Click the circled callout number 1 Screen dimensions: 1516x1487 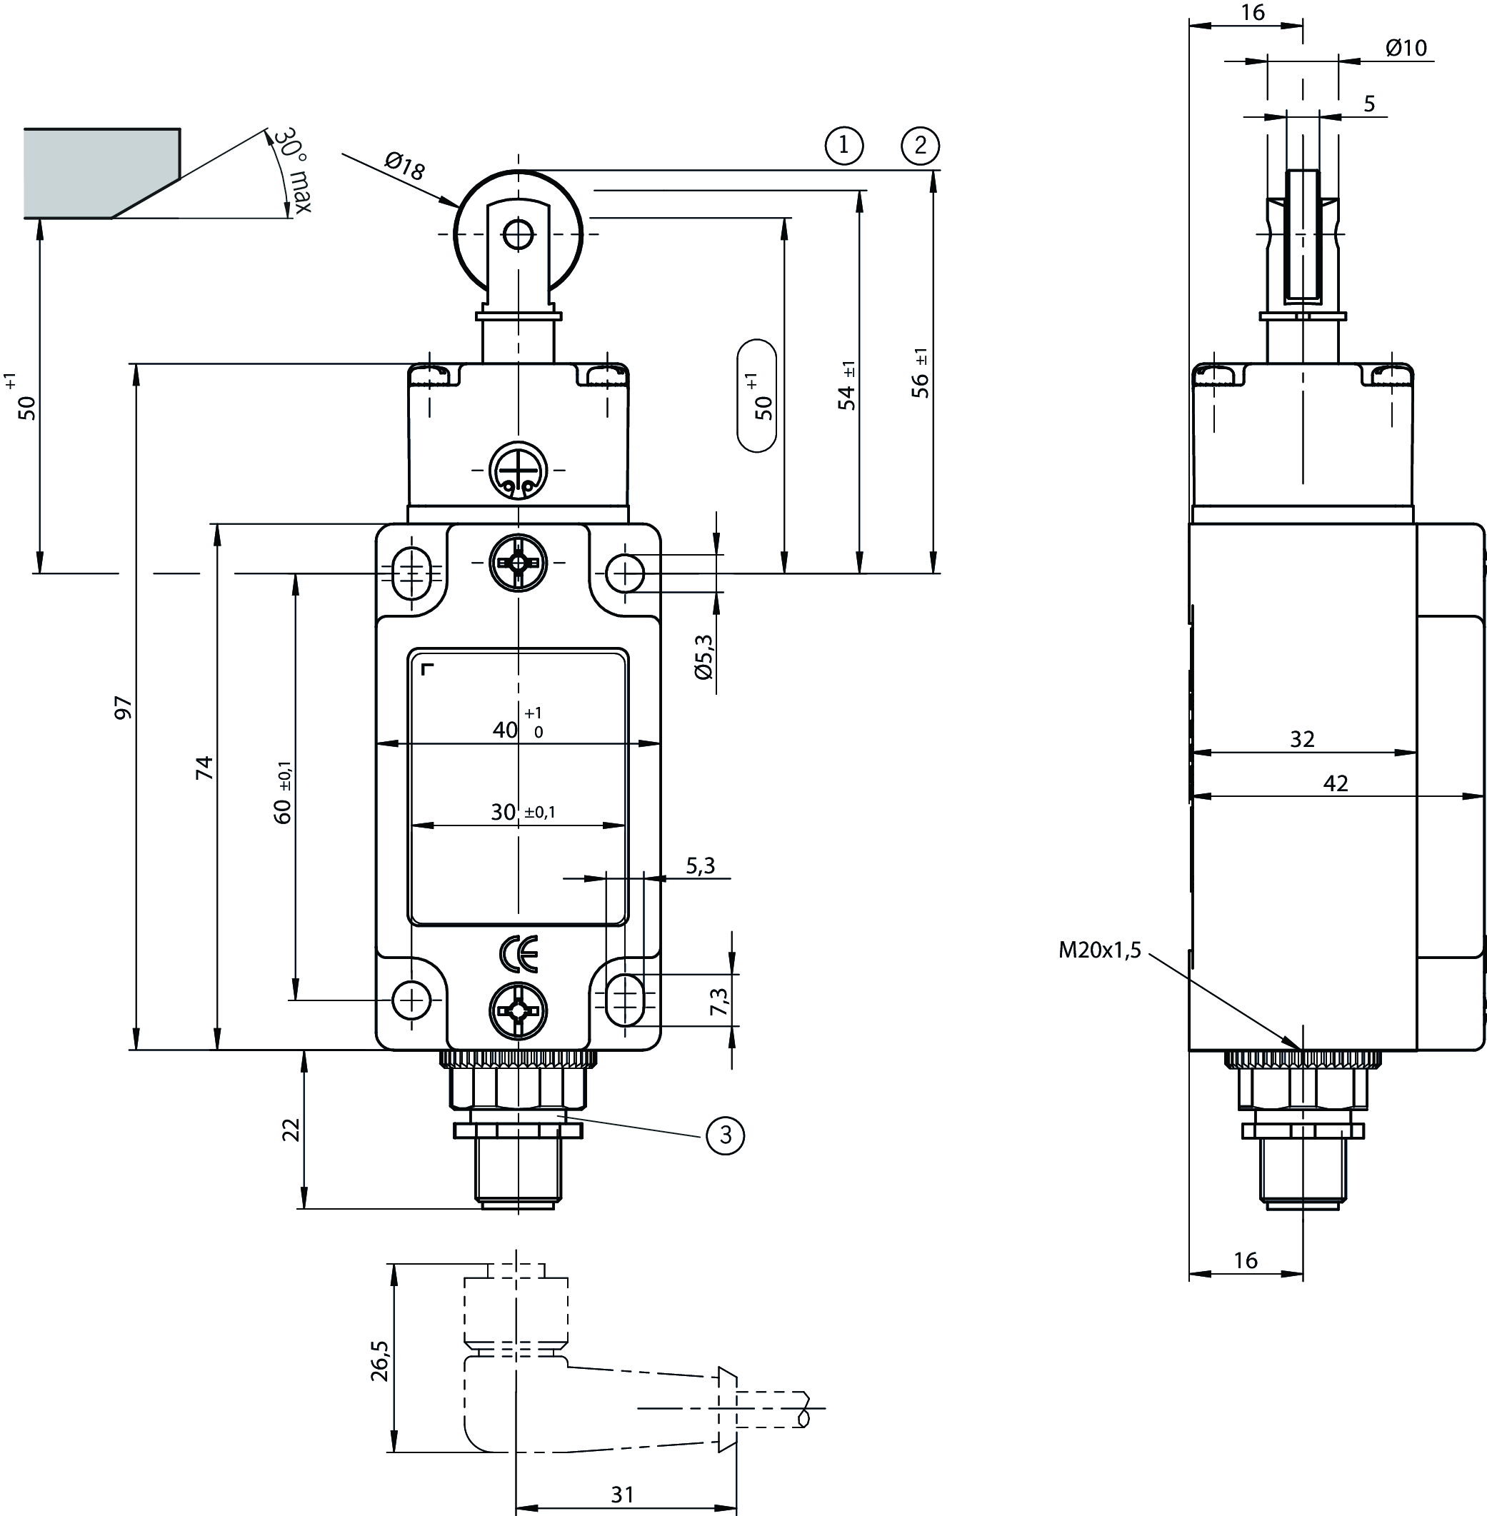click(843, 145)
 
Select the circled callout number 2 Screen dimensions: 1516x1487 click(920, 145)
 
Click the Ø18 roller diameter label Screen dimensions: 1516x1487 click(404, 166)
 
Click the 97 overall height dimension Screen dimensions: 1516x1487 click(124, 707)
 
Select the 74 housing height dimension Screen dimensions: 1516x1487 click(204, 768)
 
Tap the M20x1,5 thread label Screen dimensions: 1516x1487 click(1100, 950)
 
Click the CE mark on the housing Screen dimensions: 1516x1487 click(519, 953)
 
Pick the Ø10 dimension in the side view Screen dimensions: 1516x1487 click(1406, 49)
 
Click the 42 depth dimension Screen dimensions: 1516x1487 click(1336, 783)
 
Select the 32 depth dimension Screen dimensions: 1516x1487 click(1302, 738)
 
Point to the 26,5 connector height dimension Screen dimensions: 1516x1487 click(379, 1362)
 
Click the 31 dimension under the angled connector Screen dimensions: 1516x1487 click(623, 1494)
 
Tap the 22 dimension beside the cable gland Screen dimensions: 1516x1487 click(291, 1129)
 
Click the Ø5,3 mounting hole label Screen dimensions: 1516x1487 click(704, 656)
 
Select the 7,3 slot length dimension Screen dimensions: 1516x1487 click(719, 1002)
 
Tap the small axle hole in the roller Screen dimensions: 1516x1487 click(518, 234)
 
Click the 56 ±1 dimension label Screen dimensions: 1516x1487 click(921, 373)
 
